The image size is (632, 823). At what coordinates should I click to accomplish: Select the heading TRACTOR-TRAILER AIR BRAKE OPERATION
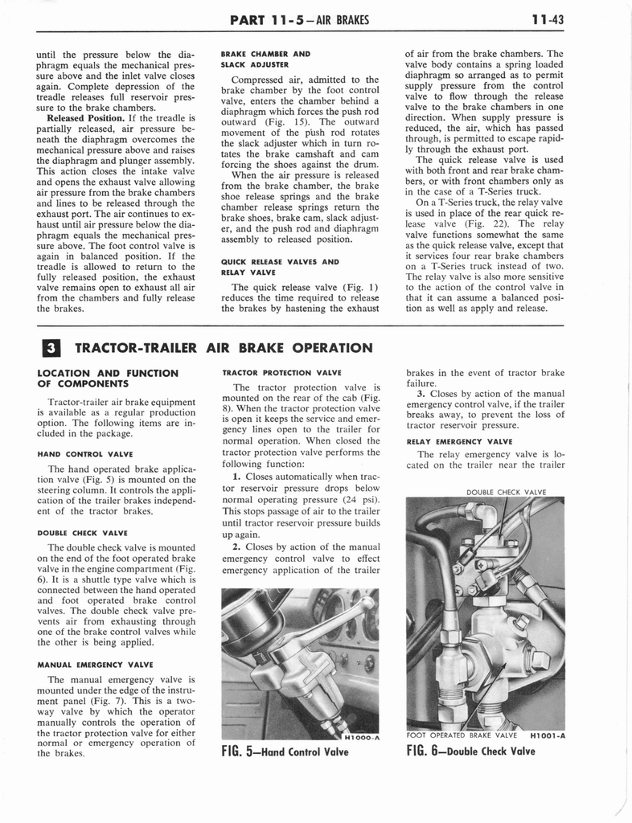pos(224,347)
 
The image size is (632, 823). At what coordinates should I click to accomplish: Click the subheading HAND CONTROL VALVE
pos(85,453)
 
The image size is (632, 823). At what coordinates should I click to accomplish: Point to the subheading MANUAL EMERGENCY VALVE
pos(95,665)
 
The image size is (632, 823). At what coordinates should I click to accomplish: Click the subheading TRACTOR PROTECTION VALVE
pos(281,372)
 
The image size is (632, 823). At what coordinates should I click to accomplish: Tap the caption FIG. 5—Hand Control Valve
pos(285,751)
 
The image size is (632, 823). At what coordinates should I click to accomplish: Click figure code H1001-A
pos(547,734)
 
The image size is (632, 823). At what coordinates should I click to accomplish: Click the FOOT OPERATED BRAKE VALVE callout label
pos(462,734)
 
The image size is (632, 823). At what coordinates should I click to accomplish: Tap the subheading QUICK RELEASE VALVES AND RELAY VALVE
pos(274,266)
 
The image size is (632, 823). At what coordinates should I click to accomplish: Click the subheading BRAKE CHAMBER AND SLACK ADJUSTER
pos(265,59)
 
